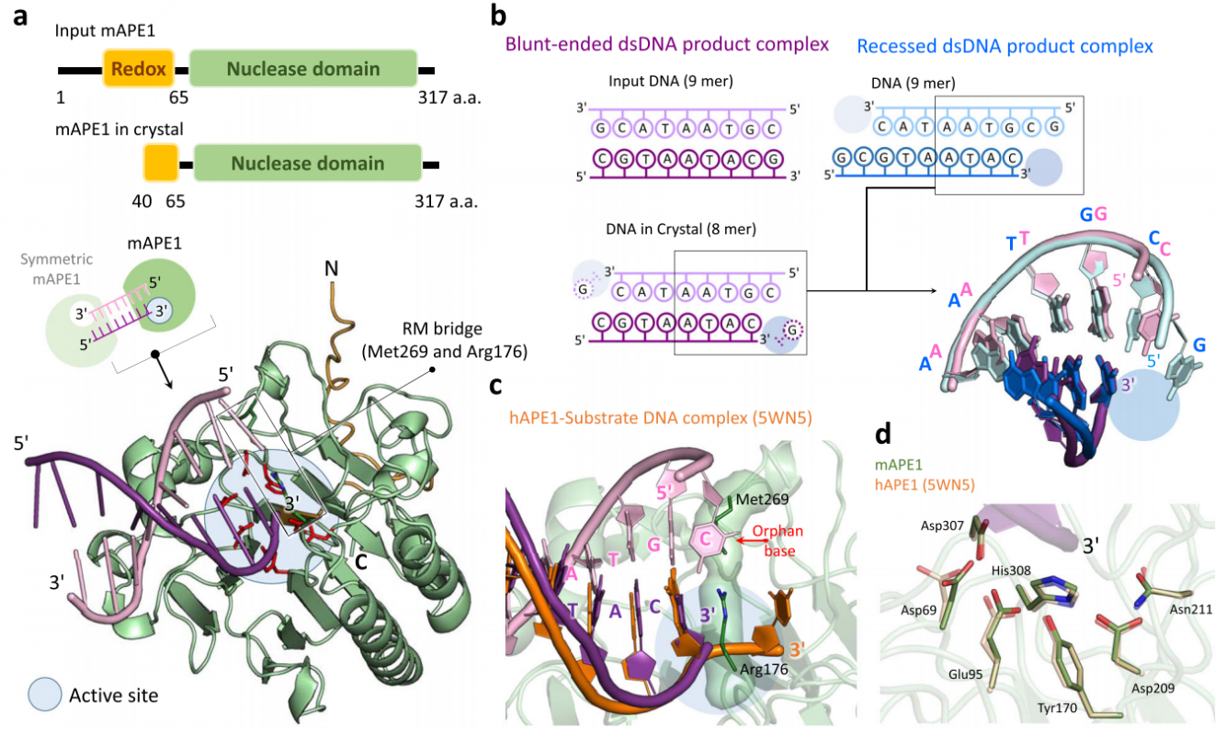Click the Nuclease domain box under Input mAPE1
[x=302, y=69]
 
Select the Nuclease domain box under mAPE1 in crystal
[x=307, y=164]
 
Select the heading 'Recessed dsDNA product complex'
[x=1005, y=44]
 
